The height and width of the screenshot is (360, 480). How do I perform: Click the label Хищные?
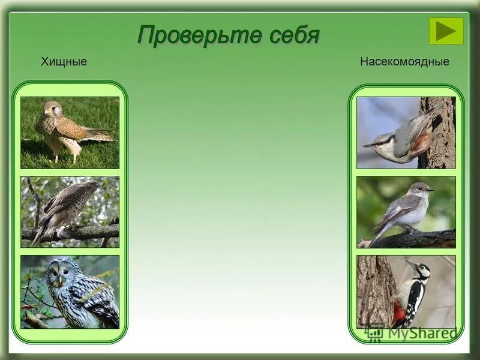[x=64, y=62]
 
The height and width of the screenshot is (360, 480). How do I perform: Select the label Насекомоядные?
[x=404, y=62]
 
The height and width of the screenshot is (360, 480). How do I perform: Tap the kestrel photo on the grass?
[x=70, y=133]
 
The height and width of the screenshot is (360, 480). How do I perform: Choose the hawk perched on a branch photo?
[x=70, y=212]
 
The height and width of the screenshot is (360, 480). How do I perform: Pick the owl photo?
[x=70, y=292]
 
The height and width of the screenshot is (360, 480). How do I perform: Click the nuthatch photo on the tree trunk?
[x=406, y=133]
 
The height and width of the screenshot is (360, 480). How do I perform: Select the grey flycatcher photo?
[x=406, y=212]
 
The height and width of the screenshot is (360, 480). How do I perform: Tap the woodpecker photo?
[x=406, y=292]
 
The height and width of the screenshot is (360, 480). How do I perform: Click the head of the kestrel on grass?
[x=53, y=108]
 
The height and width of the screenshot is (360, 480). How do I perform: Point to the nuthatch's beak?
[x=368, y=145]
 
